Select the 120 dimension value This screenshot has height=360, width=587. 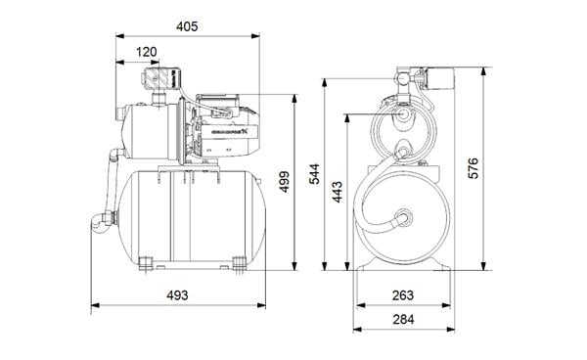point(147,51)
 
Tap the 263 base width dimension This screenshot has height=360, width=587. point(402,295)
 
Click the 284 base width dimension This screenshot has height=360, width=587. point(402,319)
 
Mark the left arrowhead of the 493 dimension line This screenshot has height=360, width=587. point(94,306)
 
